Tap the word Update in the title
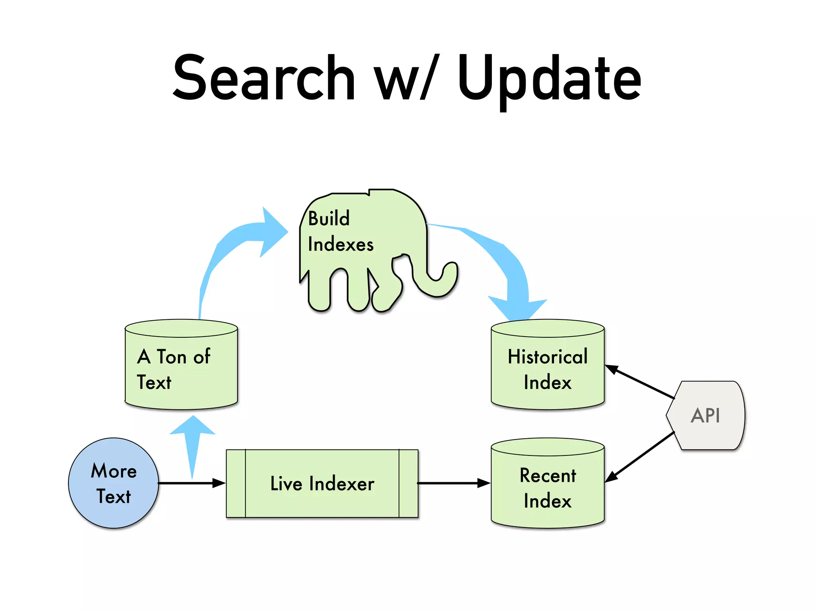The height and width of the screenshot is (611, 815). coord(549,80)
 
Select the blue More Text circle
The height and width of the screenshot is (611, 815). coord(113,483)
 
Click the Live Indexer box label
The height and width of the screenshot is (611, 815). coord(322,484)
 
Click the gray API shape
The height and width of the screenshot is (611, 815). coord(706,416)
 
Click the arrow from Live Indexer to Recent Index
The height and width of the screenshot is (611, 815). coord(454,483)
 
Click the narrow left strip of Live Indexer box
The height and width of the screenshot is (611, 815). coord(236,484)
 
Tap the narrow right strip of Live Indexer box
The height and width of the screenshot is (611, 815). coord(408,484)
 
